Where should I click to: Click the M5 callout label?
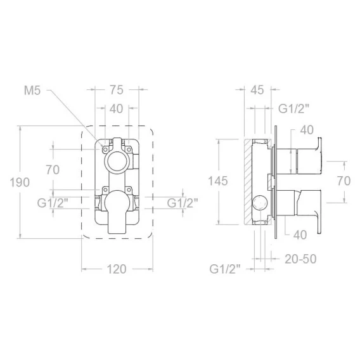click(x=32, y=91)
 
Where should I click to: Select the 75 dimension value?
click(x=117, y=90)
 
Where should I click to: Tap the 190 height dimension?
click(x=20, y=183)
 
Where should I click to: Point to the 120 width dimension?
click(x=117, y=269)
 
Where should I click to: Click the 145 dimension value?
click(x=218, y=181)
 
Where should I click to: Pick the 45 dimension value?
click(x=257, y=90)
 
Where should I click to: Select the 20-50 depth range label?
click(x=300, y=259)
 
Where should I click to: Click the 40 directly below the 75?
click(x=116, y=108)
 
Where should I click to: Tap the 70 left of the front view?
click(x=53, y=170)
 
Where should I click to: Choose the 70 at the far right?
click(x=344, y=181)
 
